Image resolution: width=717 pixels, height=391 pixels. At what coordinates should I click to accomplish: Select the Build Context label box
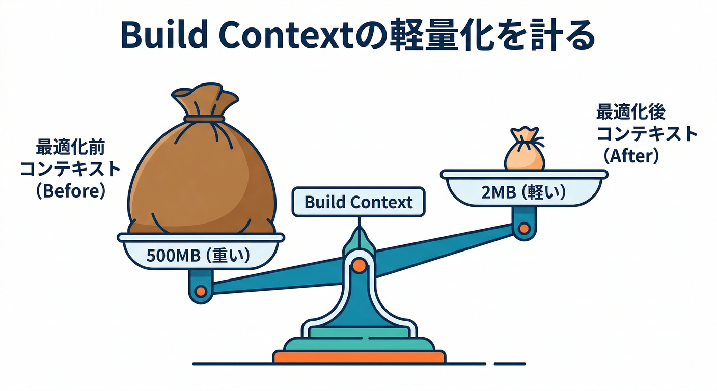358,202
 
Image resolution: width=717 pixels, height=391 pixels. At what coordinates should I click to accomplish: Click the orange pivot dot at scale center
359,265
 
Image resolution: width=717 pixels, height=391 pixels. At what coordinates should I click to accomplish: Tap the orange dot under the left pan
201,291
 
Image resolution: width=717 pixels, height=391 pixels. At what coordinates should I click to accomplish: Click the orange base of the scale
359,357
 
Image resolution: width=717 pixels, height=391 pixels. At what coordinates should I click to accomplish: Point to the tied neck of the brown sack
204,119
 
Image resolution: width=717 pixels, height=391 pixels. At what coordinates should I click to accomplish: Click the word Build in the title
163,36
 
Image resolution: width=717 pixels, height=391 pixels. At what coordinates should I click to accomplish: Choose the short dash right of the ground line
510,364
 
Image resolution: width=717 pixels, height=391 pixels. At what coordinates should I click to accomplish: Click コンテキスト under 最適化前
70,169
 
